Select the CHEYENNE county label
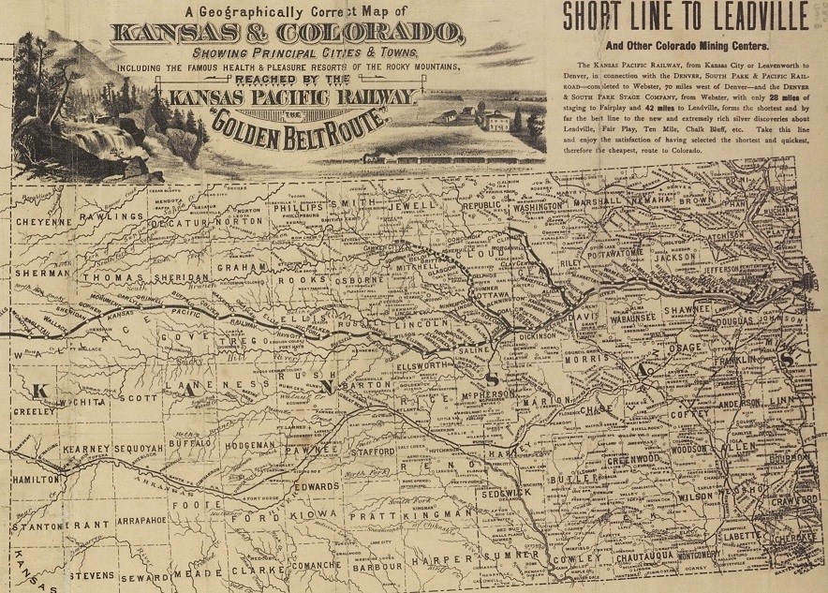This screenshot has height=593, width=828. click(x=43, y=222)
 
